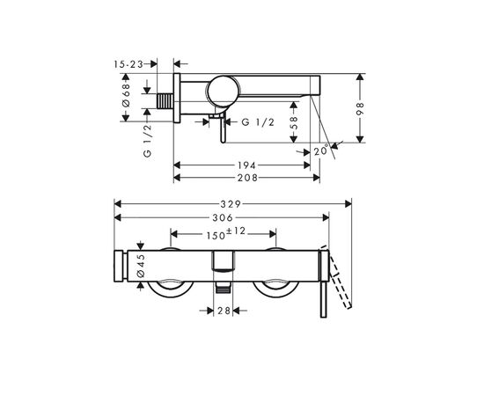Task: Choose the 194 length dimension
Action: coord(246,165)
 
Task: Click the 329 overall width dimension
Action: coord(232,203)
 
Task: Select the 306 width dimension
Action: coord(222,218)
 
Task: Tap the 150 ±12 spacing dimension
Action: coord(224,233)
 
